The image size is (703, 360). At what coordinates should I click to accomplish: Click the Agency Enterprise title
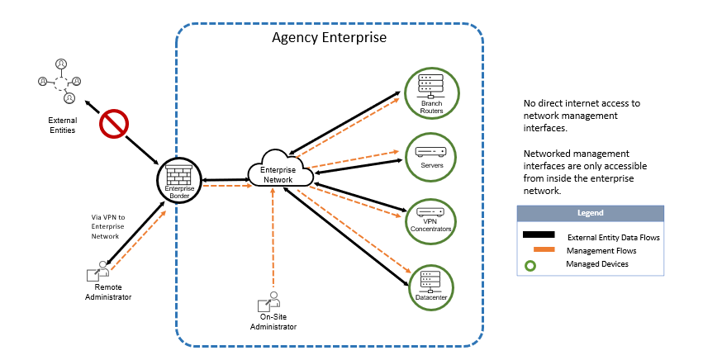click(330, 38)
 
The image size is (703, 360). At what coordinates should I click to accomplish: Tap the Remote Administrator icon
click(99, 273)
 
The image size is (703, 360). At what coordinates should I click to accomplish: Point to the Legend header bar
click(590, 213)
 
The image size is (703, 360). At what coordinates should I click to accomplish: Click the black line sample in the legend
click(539, 236)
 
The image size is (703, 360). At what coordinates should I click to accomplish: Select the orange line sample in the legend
click(539, 250)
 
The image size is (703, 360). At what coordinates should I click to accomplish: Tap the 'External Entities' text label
click(62, 125)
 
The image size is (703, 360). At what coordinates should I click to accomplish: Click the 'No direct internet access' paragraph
click(582, 116)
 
